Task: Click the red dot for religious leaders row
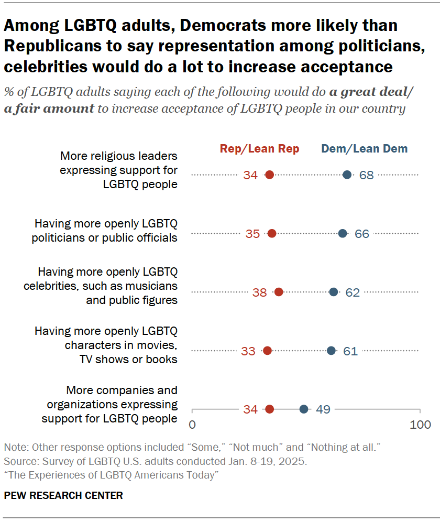click(x=269, y=175)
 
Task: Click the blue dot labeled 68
click(x=347, y=175)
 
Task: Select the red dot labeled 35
click(x=272, y=234)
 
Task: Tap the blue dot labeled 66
click(x=343, y=234)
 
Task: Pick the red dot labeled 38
click(x=279, y=292)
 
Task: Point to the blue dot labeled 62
click(x=334, y=292)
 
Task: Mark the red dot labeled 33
click(x=267, y=351)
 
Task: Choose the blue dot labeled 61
click(x=331, y=351)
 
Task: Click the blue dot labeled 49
click(x=304, y=409)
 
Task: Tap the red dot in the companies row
click(x=269, y=409)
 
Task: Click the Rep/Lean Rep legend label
click(x=259, y=149)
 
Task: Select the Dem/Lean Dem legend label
click(x=364, y=149)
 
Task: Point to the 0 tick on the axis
click(x=192, y=424)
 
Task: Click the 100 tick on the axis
click(x=420, y=424)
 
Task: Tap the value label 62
click(x=353, y=292)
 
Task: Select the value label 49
click(x=323, y=409)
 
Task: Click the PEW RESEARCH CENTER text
click(x=63, y=495)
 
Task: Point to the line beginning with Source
click(x=155, y=462)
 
